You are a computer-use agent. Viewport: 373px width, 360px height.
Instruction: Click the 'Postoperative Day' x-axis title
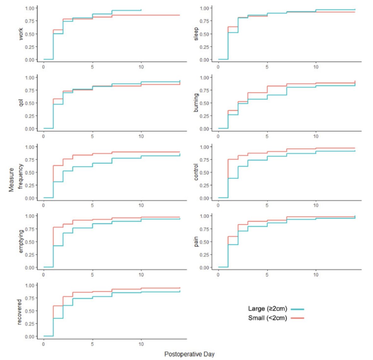(189, 354)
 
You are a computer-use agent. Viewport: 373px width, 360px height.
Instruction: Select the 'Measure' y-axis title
(12, 180)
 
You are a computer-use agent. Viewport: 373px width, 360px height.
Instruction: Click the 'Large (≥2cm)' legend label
(267, 309)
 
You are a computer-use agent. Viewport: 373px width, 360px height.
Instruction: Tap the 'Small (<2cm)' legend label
(267, 318)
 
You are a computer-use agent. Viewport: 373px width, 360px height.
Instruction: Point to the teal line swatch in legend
(297, 309)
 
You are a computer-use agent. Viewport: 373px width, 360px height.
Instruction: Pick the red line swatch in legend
(297, 318)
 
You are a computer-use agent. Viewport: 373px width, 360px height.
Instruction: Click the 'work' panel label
(21, 34)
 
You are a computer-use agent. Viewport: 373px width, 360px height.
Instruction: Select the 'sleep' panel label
(196, 34)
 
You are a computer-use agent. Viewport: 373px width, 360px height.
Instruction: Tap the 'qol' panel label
(21, 103)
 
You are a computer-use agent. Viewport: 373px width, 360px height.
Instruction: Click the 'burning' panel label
(196, 103)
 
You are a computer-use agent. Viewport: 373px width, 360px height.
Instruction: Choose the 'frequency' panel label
(21, 176)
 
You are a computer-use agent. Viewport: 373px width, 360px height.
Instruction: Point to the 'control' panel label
(196, 172)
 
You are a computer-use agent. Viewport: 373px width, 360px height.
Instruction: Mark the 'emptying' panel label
(21, 241)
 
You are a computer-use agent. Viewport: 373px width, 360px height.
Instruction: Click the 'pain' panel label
(196, 242)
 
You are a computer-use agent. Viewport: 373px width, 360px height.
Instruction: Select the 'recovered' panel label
(20, 312)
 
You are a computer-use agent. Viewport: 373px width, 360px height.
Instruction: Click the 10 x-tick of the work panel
(141, 67)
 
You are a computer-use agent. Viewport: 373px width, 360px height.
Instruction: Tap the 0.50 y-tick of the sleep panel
(204, 34)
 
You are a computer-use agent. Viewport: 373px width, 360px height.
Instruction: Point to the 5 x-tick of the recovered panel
(92, 344)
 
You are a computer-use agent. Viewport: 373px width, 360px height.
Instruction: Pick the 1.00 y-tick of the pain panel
(204, 216)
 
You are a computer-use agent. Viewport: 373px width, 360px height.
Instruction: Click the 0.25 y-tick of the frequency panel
(30, 185)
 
